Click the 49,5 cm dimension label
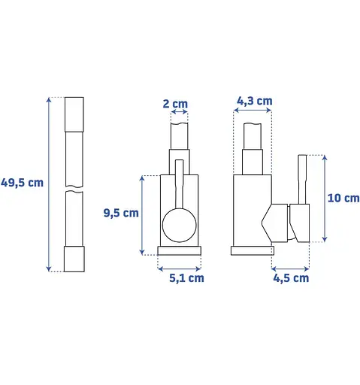(22, 183)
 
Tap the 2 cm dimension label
(175, 104)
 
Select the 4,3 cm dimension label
(255, 101)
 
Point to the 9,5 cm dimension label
(121, 213)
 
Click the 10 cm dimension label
(343, 198)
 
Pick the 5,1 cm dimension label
(186, 278)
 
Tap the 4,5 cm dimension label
(291, 278)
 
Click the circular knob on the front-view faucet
(180, 225)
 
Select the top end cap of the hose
(74, 114)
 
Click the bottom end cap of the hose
(74, 259)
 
